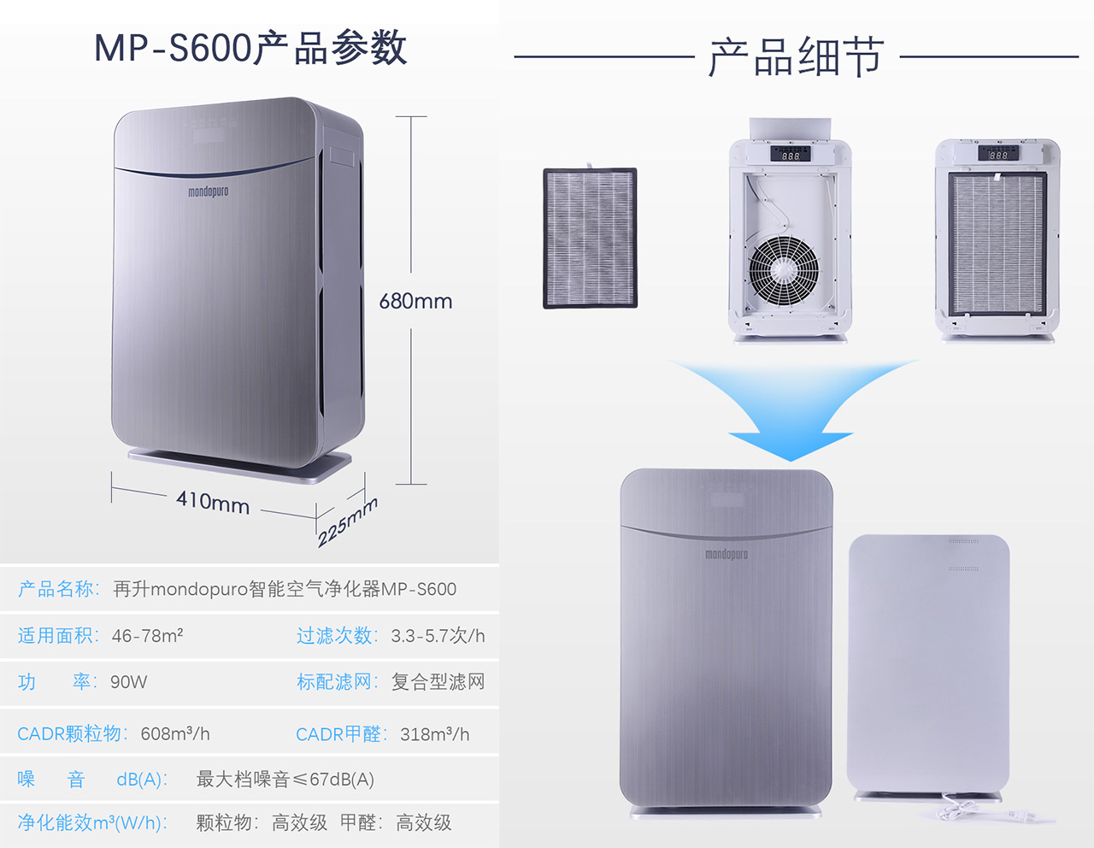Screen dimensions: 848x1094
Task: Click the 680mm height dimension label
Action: (415, 301)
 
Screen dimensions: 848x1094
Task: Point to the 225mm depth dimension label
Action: (347, 521)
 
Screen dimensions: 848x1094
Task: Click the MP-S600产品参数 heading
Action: (250, 48)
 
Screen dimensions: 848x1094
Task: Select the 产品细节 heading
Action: (796, 58)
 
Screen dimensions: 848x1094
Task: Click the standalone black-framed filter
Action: (590, 238)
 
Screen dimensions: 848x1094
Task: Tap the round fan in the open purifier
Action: (784, 270)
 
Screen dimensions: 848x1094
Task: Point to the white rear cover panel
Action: (929, 663)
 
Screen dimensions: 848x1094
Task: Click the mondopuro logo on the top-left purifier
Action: (209, 191)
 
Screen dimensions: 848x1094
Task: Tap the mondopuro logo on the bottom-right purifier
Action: (726, 555)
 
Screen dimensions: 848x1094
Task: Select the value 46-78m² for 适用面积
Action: (147, 636)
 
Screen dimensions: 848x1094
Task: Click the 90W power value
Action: (128, 682)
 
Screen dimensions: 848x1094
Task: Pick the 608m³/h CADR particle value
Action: (175, 734)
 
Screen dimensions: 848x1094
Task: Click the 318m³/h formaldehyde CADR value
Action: (434, 734)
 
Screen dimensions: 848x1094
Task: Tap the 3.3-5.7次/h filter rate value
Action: (438, 636)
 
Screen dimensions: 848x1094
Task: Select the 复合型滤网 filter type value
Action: (438, 682)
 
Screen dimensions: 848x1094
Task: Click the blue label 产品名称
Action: (58, 589)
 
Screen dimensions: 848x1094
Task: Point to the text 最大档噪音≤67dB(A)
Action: (285, 780)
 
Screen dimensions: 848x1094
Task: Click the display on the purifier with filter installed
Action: (997, 154)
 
